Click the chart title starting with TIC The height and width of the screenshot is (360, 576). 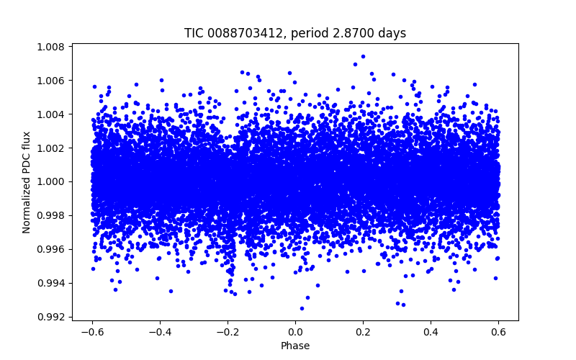(x=295, y=33)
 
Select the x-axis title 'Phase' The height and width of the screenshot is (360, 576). (x=295, y=346)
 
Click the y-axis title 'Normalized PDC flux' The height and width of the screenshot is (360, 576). (x=27, y=182)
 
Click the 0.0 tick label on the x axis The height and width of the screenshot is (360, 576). (x=295, y=332)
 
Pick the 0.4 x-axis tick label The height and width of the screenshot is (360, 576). (x=431, y=332)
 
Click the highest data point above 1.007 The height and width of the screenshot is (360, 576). (x=363, y=56)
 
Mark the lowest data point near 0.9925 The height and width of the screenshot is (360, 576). (x=302, y=308)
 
